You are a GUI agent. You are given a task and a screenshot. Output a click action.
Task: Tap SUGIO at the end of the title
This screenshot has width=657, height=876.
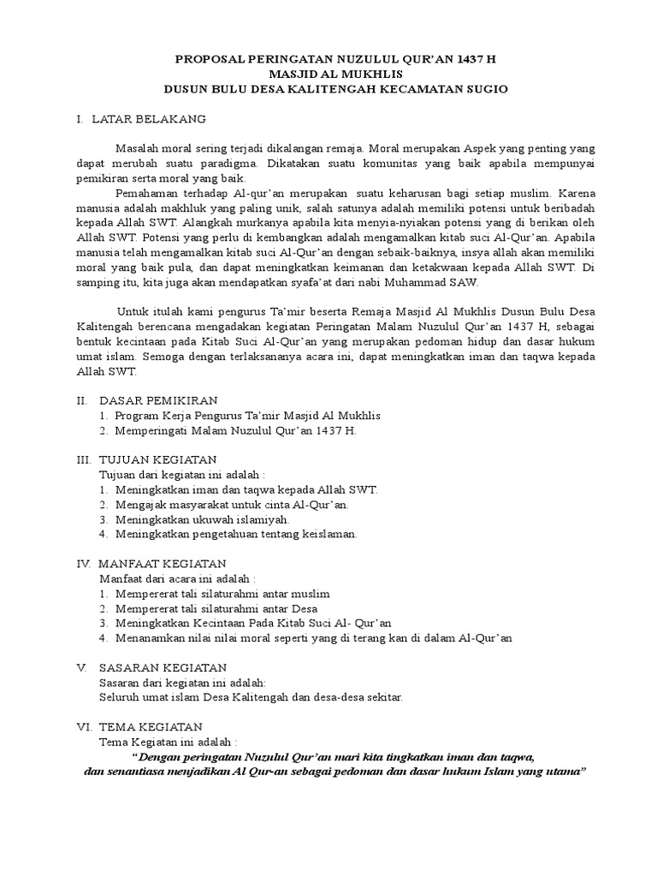click(x=488, y=88)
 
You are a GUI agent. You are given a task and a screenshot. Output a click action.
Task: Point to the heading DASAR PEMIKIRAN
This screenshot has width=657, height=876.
click(x=159, y=400)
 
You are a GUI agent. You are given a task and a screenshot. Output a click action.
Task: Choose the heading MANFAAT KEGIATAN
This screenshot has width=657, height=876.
click(x=163, y=563)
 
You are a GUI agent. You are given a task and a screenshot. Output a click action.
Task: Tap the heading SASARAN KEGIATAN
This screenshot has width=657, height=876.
click(x=163, y=666)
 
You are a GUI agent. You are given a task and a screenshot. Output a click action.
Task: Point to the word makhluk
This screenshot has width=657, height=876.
click(x=216, y=209)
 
